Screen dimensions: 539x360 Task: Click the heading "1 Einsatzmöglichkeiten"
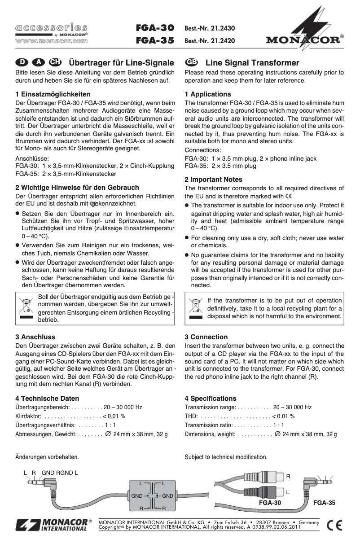coord(53,94)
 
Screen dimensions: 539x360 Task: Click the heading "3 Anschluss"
coord(35,337)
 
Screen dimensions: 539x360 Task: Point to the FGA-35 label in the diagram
coord(324,503)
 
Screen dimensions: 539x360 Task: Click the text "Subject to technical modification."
coord(226,457)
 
